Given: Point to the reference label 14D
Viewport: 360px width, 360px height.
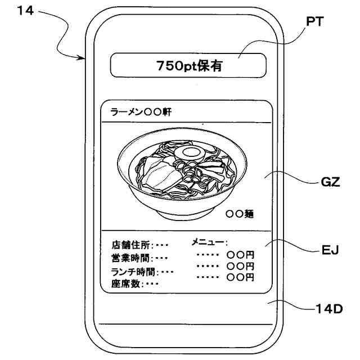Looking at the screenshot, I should [x=328, y=309].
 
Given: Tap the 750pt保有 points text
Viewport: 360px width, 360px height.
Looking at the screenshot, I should [x=188, y=65].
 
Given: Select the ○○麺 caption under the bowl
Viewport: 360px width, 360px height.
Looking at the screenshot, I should [x=240, y=214].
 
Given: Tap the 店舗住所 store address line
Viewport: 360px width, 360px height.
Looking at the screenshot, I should [x=140, y=245].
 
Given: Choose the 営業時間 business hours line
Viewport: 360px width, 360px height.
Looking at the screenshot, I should [x=139, y=258].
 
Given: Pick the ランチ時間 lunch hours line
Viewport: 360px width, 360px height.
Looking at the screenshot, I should [x=142, y=271].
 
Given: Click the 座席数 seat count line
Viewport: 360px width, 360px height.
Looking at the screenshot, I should [x=136, y=283].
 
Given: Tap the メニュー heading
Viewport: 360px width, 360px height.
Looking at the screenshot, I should [x=209, y=242].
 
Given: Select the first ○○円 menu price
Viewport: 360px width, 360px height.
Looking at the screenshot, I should [x=241, y=255].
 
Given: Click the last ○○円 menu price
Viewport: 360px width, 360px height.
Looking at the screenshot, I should [x=241, y=277].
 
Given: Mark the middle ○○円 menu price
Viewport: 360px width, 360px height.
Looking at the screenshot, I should [x=241, y=266].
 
